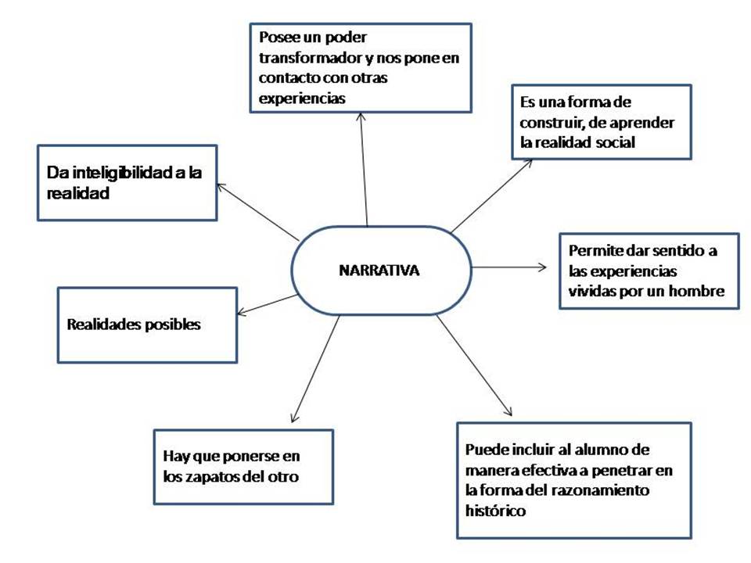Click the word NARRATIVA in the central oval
point(379,271)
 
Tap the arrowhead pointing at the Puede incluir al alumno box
point(508,414)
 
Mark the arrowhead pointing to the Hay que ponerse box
point(294,420)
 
